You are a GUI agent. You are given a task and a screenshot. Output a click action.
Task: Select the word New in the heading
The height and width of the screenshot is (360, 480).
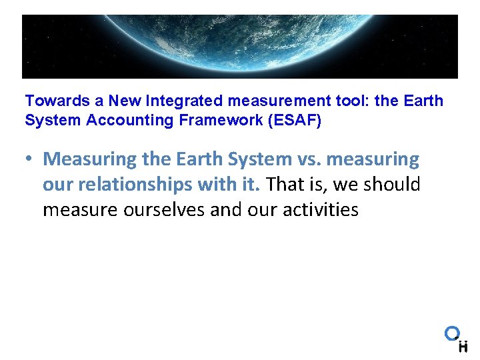coord(124,101)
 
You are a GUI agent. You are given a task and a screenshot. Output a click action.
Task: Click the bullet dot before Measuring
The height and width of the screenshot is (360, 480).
coord(31,160)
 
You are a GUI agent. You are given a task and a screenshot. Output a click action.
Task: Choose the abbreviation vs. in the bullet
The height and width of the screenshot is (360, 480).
coord(307,159)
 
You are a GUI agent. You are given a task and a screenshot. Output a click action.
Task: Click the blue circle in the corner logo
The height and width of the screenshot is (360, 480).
coord(452,333)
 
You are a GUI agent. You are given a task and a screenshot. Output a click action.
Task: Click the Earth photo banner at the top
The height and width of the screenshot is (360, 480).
coord(240,47)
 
